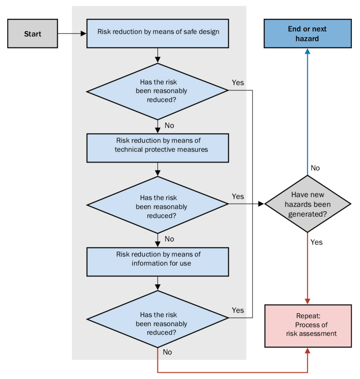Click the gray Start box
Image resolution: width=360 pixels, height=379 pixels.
tap(32, 34)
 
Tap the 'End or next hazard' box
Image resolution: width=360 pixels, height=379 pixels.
tap(307, 34)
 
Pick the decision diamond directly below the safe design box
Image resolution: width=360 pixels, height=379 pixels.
tap(158, 91)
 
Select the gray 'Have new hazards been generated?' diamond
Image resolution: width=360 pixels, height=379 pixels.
tap(307, 204)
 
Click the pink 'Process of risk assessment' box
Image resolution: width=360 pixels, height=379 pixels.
tap(307, 326)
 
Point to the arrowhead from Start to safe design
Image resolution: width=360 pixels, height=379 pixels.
tap(84, 34)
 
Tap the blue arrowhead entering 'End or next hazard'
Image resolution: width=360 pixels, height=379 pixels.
tap(307, 51)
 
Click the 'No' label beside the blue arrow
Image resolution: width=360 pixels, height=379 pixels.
tap(315, 168)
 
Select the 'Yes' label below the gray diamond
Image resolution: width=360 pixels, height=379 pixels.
tap(316, 242)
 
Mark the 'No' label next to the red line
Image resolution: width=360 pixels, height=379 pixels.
tap(167, 352)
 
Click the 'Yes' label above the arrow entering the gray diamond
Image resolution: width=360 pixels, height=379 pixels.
tap(238, 196)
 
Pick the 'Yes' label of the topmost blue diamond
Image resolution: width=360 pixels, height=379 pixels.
tap(238, 83)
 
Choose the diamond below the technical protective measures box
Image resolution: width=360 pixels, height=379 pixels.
tap(158, 204)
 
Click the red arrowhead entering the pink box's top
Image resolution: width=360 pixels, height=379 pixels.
tap(307, 301)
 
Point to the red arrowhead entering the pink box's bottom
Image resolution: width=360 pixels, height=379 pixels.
tap(307, 351)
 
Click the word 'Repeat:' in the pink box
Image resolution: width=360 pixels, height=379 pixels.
tap(308, 316)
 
